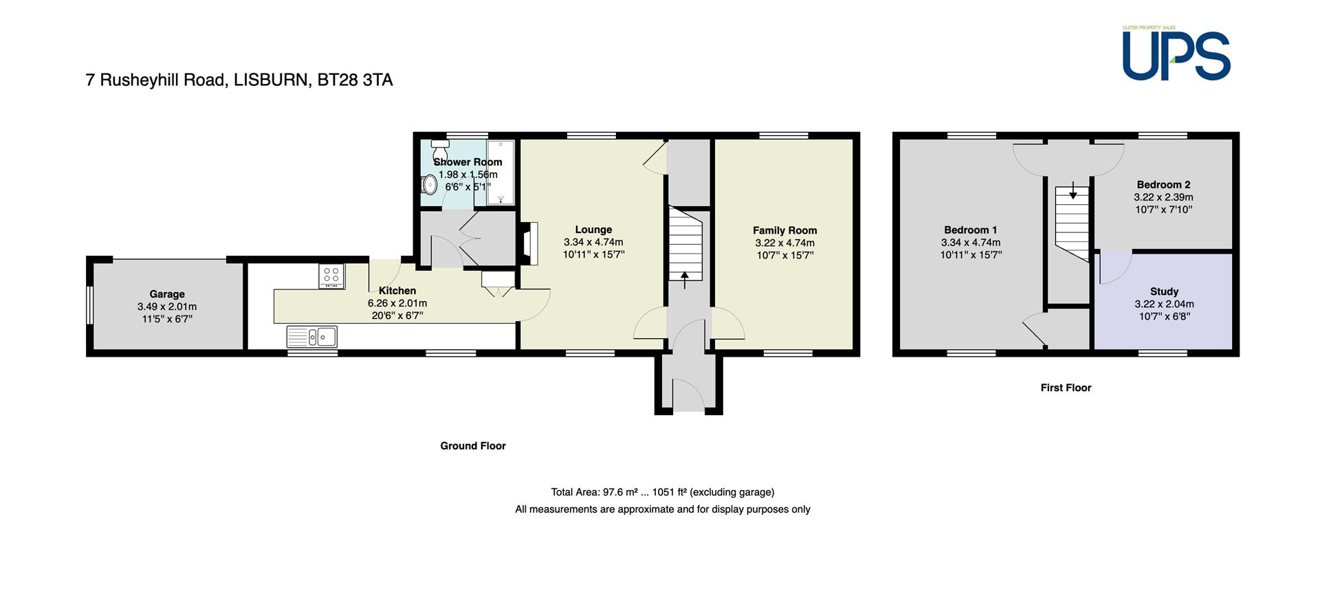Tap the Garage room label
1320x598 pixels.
[167, 294]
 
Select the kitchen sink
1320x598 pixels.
[312, 337]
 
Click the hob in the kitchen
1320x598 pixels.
[331, 276]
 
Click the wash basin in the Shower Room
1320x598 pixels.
[430, 184]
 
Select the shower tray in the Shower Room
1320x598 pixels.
[500, 173]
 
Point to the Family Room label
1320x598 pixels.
[784, 230]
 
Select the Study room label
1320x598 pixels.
[1164, 291]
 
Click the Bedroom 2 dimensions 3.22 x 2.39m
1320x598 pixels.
[1163, 197]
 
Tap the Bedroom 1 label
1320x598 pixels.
[971, 230]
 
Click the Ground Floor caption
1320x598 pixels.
[473, 445]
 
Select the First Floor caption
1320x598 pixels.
[1066, 388]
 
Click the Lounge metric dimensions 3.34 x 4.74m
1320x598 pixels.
[593, 242]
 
